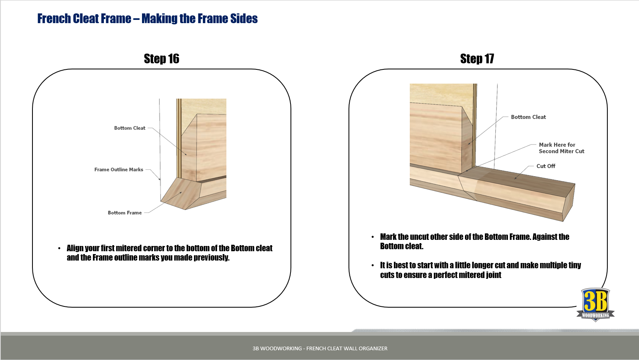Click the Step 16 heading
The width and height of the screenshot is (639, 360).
point(161,59)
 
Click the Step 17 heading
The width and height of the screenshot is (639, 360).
point(477,59)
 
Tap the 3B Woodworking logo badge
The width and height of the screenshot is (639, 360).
point(595,304)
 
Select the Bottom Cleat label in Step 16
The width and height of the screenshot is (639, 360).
point(129,128)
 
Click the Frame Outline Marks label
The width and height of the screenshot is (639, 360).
point(118,170)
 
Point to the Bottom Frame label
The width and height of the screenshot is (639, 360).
point(125,213)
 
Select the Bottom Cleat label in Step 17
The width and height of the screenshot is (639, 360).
point(528,117)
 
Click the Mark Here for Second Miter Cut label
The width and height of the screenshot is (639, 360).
point(561,148)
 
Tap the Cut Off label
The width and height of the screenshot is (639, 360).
point(546,166)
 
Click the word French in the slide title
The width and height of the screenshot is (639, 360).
point(54,19)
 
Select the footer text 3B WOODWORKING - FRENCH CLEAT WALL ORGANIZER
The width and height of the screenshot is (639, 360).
point(320,348)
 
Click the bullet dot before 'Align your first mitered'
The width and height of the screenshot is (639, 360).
point(59,248)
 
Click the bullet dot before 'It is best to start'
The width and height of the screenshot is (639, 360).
point(372,265)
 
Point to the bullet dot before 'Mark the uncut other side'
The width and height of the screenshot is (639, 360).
point(372,237)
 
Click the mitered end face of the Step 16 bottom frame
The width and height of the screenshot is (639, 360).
point(181,194)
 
